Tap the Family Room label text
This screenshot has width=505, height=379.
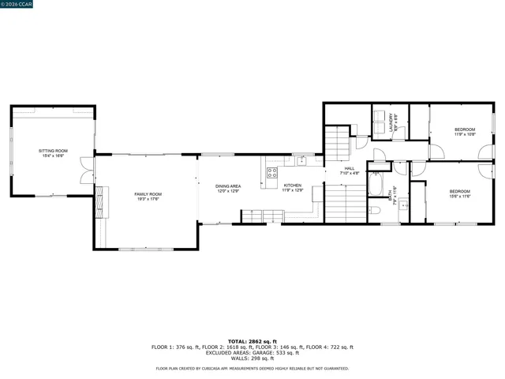pyautogui.click(x=148, y=196)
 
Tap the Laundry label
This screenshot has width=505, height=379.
pyautogui.click(x=392, y=123)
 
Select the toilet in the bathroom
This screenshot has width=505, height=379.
pyautogui.click(x=376, y=210)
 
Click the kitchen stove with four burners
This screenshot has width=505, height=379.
pyautogui.click(x=271, y=173)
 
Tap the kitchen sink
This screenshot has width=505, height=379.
pyautogui.click(x=301, y=160)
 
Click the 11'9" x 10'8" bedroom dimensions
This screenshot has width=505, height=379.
pyautogui.click(x=464, y=134)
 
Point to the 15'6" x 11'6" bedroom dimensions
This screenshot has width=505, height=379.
pyautogui.click(x=460, y=195)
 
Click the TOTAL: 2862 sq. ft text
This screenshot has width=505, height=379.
pyautogui.click(x=252, y=341)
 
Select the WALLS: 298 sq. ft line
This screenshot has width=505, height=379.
pyautogui.click(x=252, y=358)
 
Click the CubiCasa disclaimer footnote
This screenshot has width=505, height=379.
pyautogui.click(x=252, y=368)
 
